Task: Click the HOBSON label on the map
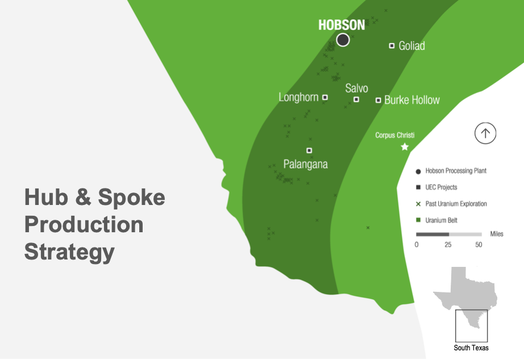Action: (342, 25)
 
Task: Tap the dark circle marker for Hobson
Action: (343, 40)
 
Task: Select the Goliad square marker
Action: (392, 46)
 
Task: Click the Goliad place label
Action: (411, 46)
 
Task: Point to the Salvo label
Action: (356, 88)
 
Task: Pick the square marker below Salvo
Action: (356, 99)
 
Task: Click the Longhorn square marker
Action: (325, 98)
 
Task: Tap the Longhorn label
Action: (298, 97)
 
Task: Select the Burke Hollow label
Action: (412, 100)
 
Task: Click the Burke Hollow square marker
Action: (378, 100)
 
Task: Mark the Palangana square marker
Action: (309, 150)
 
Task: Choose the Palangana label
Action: (305, 164)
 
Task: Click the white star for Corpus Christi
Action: (405, 146)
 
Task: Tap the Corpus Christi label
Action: (394, 135)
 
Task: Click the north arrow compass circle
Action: (485, 133)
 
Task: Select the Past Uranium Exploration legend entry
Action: (451, 204)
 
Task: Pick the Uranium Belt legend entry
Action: (436, 220)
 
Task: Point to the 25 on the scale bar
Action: (448, 245)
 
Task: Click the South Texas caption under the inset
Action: (471, 348)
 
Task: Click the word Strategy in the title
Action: (69, 252)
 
